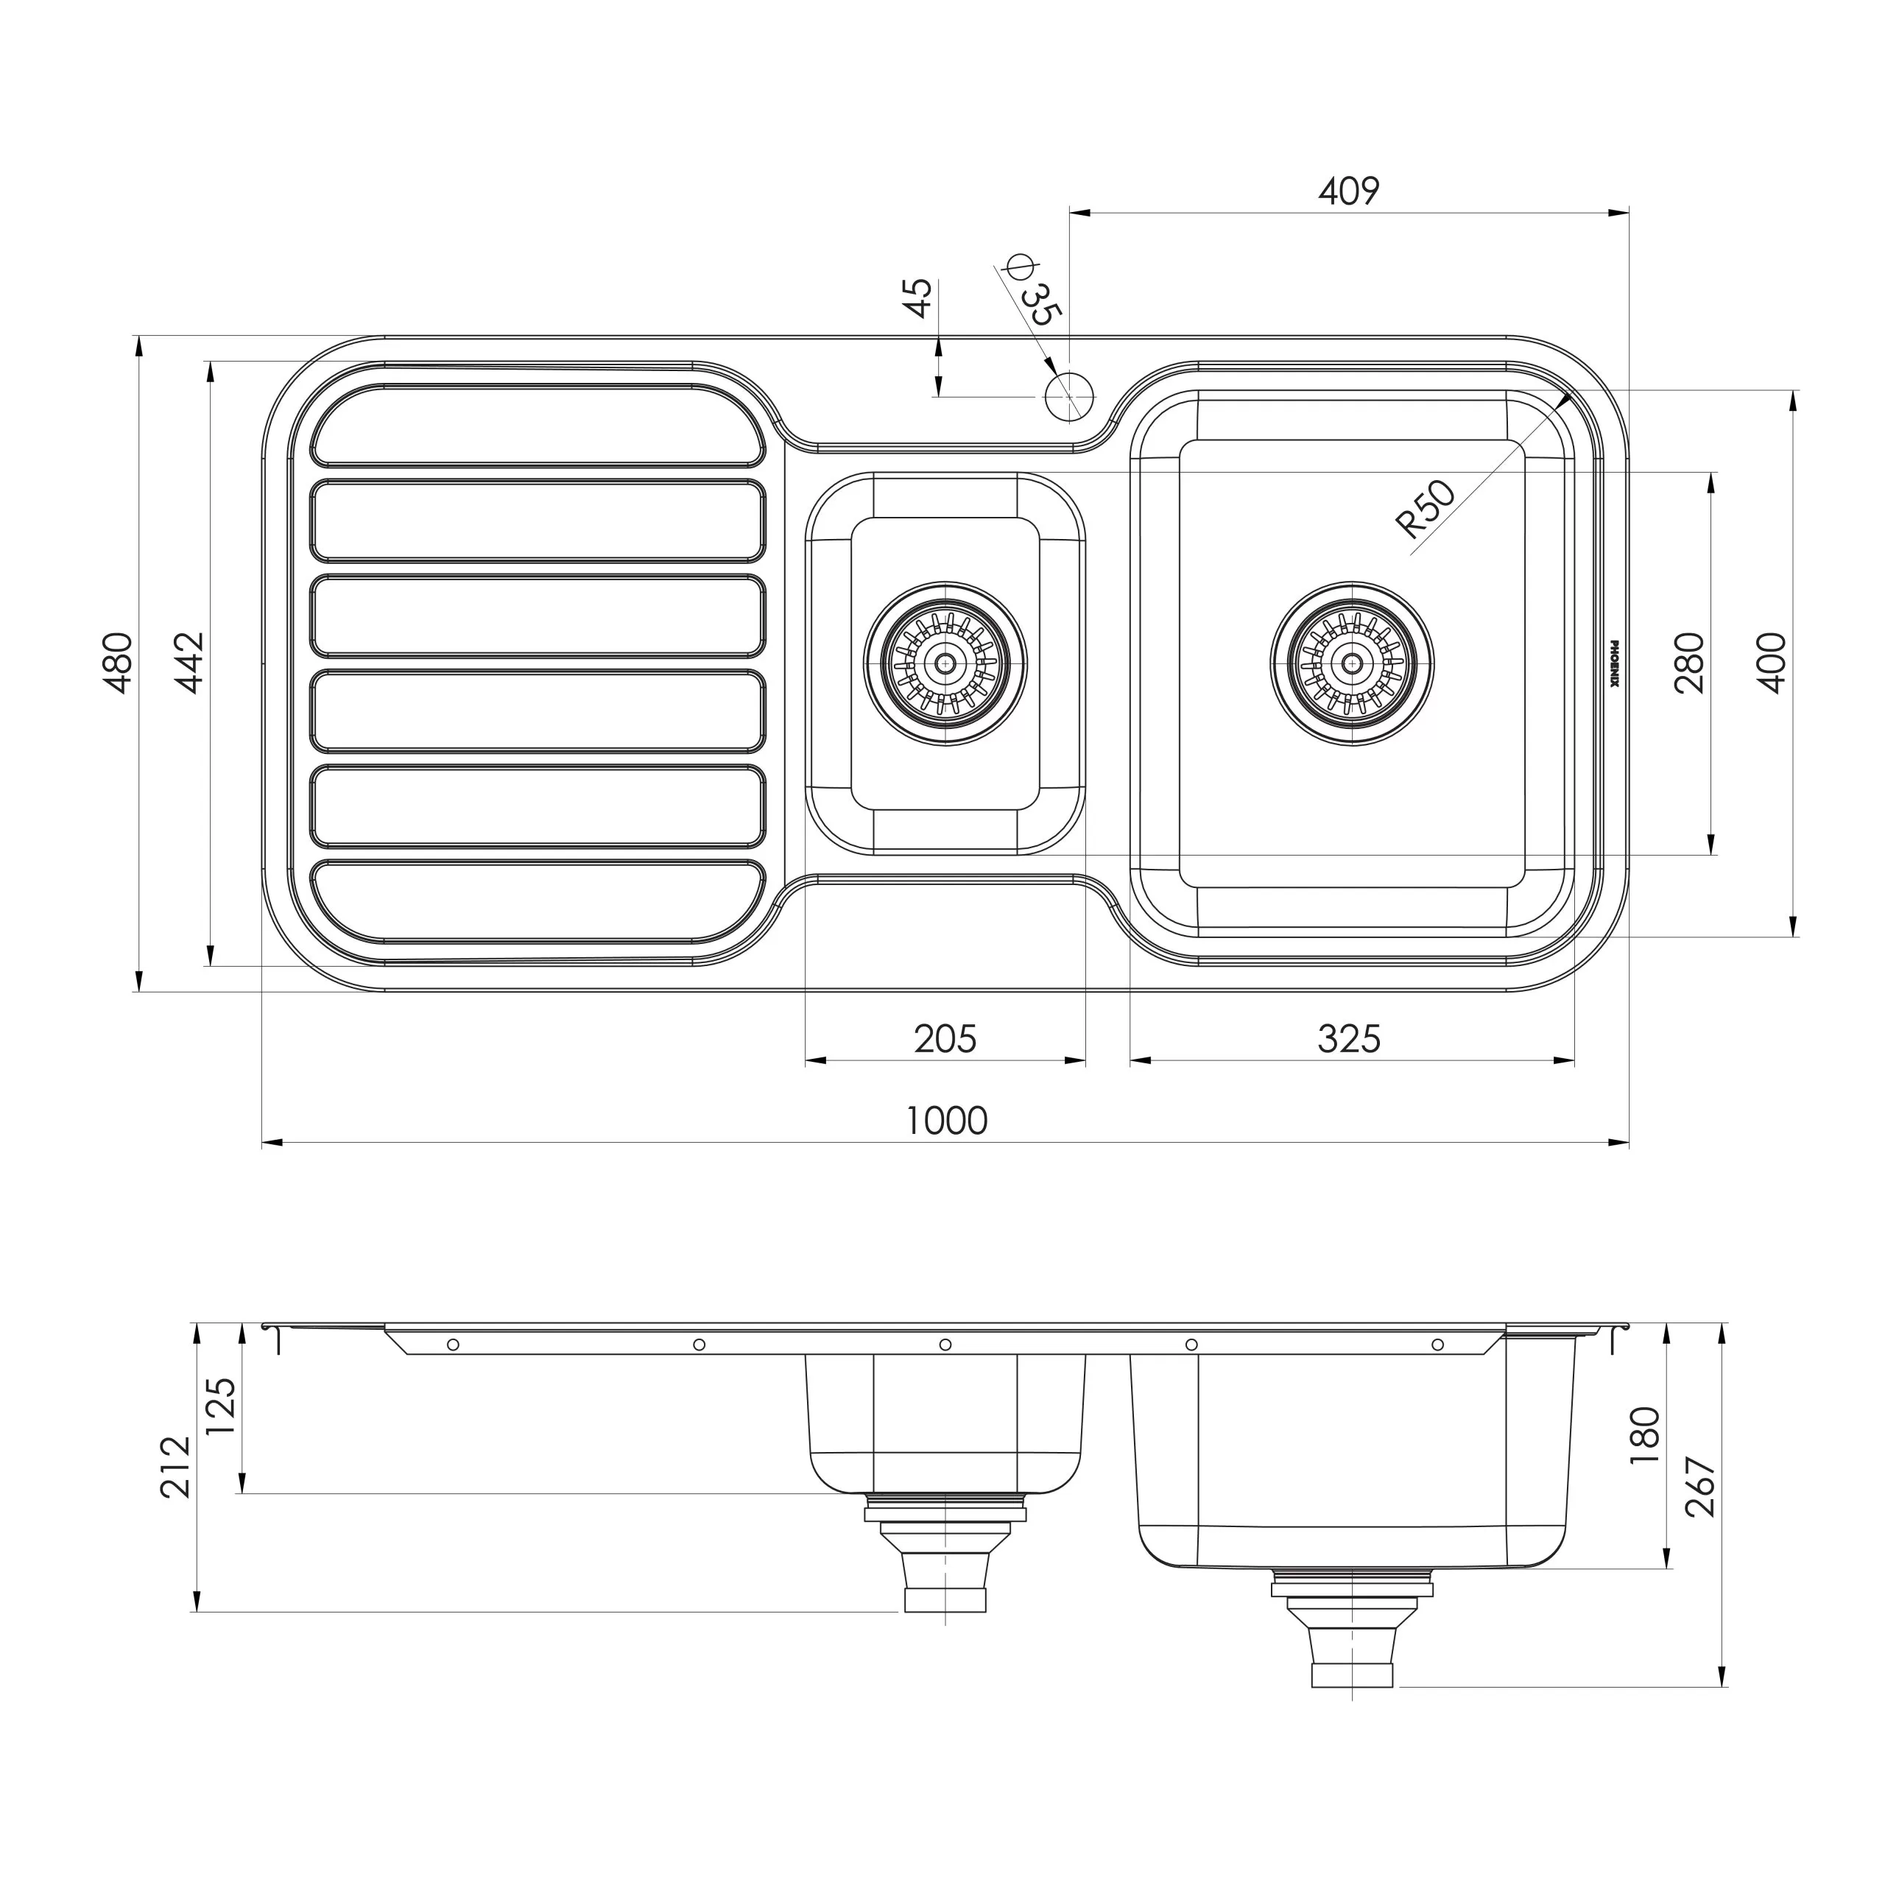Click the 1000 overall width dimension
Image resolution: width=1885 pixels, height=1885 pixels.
click(946, 1120)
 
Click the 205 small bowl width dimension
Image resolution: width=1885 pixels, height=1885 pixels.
click(945, 1038)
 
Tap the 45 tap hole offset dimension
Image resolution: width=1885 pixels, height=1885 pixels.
click(918, 297)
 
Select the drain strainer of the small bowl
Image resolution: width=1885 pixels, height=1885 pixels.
click(945, 663)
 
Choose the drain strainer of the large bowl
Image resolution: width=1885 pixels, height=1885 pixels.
click(1351, 663)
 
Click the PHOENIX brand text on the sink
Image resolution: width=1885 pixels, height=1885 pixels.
click(1614, 663)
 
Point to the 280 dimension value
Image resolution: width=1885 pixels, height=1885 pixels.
click(1689, 663)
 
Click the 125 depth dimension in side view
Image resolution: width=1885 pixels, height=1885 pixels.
click(222, 1405)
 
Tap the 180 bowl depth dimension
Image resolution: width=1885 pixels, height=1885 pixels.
click(1645, 1434)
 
